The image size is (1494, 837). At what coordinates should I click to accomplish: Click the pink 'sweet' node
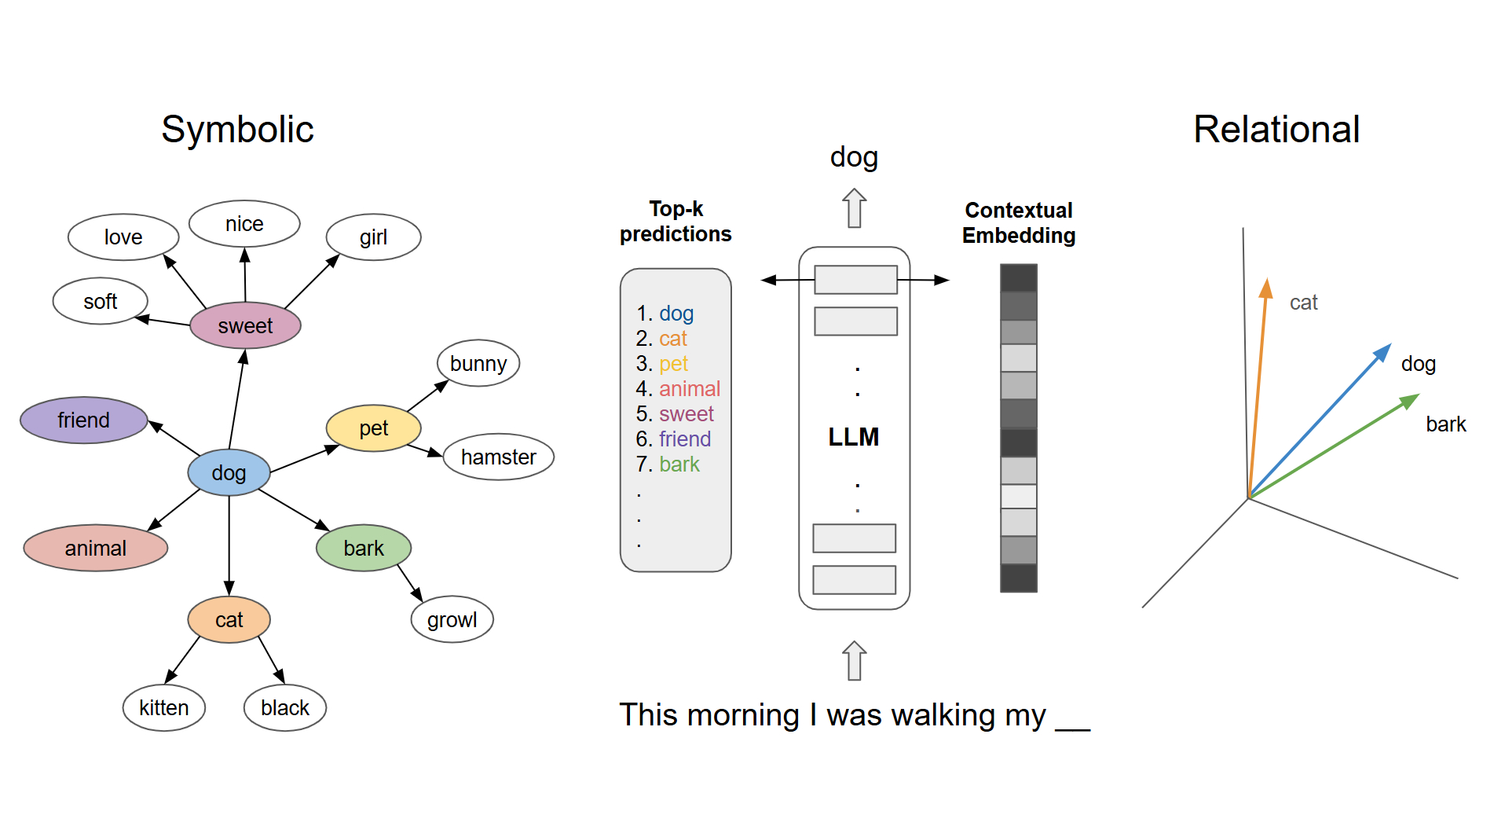(x=245, y=325)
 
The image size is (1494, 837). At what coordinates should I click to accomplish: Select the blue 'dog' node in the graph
(x=229, y=472)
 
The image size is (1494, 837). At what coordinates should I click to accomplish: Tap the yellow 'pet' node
(x=373, y=428)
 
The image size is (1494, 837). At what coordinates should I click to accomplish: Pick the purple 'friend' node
(x=83, y=420)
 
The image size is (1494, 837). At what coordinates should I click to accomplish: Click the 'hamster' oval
(x=498, y=457)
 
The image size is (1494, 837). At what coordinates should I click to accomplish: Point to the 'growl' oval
(x=452, y=619)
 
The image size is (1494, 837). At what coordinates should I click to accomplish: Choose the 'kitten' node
(x=163, y=707)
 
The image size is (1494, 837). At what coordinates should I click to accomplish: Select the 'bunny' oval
(x=478, y=363)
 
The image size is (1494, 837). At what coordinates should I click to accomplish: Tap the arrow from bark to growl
(x=409, y=582)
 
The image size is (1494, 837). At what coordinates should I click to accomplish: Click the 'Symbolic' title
(x=237, y=130)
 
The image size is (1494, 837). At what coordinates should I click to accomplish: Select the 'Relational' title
(x=1276, y=130)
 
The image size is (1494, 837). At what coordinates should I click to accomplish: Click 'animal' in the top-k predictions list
(x=689, y=389)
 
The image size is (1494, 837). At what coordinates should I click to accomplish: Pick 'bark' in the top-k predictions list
(x=679, y=464)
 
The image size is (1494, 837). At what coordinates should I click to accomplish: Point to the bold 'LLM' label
(x=853, y=437)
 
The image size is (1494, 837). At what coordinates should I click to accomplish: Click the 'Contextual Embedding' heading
(x=1018, y=222)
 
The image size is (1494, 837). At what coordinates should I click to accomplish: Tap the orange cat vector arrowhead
(x=1265, y=288)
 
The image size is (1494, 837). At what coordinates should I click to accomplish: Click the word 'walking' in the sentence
(x=943, y=715)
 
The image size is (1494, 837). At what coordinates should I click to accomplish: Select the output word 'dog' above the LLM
(x=854, y=157)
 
